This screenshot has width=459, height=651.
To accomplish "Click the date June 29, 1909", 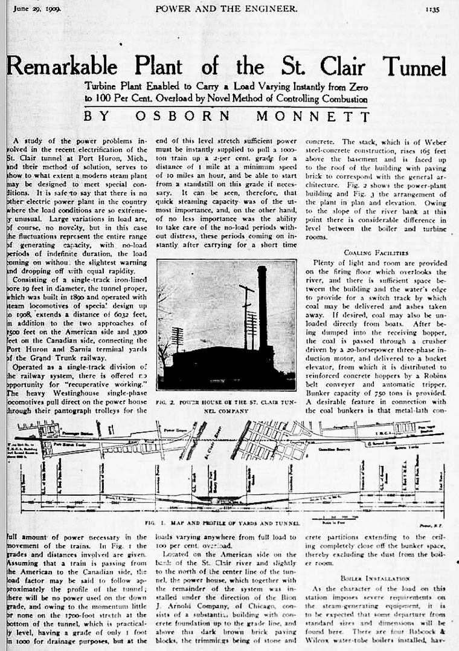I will coord(30,8).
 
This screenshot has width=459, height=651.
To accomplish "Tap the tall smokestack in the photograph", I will coord(263,314).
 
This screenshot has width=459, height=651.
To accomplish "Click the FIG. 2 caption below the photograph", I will coord(226,403).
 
